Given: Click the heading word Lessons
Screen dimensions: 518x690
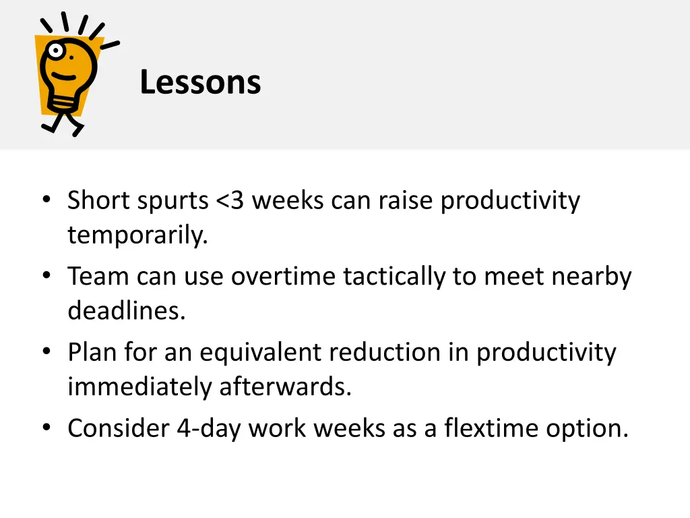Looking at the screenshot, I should [x=200, y=83].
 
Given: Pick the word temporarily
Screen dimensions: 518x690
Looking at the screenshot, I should [x=137, y=236].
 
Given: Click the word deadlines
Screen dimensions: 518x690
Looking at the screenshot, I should [x=126, y=312].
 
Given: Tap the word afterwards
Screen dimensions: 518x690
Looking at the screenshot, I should [x=285, y=387].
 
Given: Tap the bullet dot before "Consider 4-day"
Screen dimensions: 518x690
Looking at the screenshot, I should [x=46, y=428].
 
